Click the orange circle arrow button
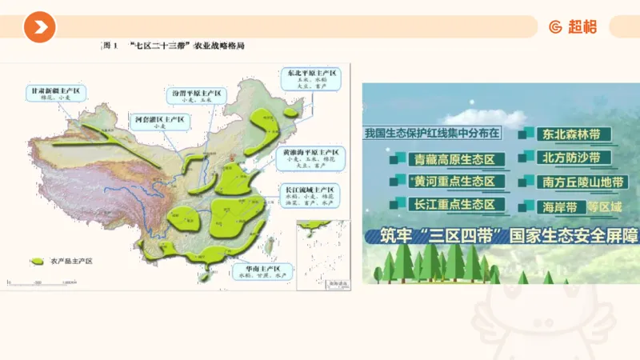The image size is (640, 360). tap(39, 28)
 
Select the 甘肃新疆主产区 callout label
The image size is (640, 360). tap(53, 94)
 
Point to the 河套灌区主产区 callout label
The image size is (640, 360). tap(158, 122)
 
